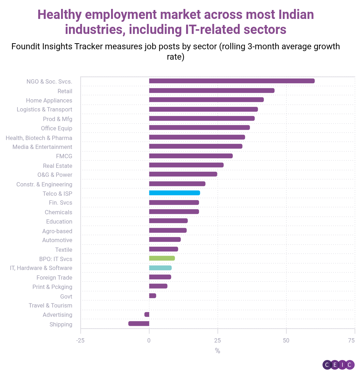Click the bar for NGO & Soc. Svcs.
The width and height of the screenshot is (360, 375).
coord(231,81)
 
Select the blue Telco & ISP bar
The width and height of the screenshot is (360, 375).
coord(174,193)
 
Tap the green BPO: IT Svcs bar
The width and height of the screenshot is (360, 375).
coord(162,258)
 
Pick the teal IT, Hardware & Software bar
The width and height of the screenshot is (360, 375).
coord(160,268)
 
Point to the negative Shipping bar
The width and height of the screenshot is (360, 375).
coord(139,324)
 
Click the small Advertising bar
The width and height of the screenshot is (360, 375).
coord(147,314)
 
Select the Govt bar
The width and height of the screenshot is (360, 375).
coord(152,296)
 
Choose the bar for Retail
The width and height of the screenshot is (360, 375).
coord(211,90)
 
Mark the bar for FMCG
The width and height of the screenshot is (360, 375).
coord(191,156)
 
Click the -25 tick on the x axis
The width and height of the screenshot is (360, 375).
coord(80,340)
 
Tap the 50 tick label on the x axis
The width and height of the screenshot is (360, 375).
coord(286,340)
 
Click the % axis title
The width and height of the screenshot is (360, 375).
coord(217,351)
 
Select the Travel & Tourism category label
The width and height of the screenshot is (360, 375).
coord(50,305)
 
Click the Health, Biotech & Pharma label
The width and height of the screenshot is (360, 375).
coord(39,138)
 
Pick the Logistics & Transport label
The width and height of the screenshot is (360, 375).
coord(44,109)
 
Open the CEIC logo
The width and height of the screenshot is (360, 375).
coord(338,365)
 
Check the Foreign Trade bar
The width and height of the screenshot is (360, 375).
coord(160,277)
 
